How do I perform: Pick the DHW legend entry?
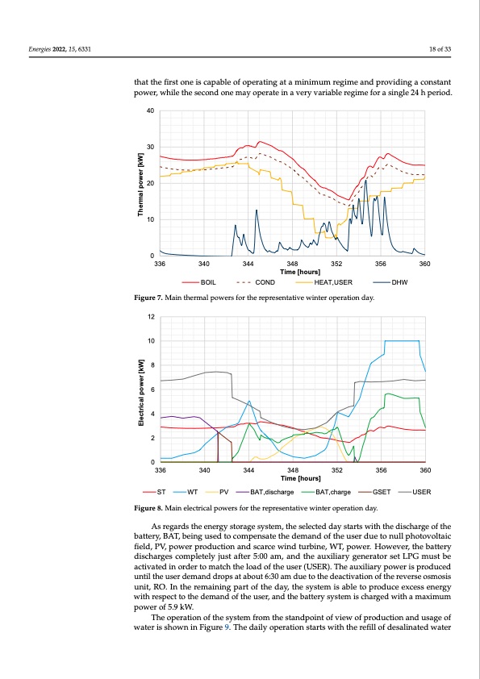400,283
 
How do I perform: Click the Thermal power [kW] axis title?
141,184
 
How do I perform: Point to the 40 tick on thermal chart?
152,110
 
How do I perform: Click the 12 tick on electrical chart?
152,317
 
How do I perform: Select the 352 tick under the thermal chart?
336,264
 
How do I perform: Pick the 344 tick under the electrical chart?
248,469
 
